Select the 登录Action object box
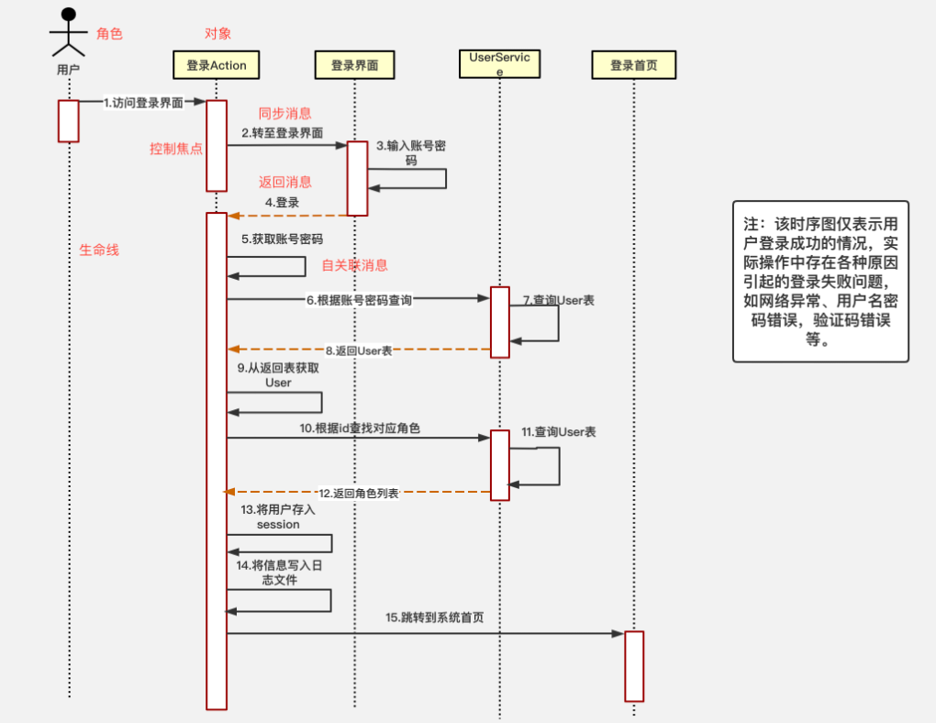(217, 65)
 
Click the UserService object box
(499, 64)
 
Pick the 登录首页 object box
(634, 65)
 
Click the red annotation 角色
(109, 34)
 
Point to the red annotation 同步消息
(284, 114)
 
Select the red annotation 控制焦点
(176, 149)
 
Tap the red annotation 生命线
(99, 250)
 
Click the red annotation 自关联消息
(354, 265)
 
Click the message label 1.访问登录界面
(143, 103)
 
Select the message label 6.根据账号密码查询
(360, 299)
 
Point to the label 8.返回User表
(359, 350)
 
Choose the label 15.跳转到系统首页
(435, 617)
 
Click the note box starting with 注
(820, 281)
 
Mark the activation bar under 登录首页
(634, 666)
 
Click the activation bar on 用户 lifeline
(69, 121)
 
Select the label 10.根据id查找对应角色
(360, 428)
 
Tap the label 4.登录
(282, 202)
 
